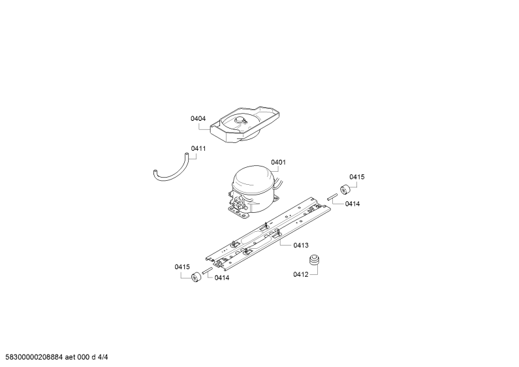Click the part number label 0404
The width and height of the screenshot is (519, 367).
198,119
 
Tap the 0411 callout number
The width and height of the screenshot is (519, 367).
198,149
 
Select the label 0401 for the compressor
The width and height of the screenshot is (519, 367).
278,163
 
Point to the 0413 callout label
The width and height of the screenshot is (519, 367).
301,246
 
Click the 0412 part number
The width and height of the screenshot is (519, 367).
300,274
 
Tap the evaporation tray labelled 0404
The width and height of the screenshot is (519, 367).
245,125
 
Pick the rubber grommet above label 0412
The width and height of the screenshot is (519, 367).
314,259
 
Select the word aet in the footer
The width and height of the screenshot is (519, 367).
70,357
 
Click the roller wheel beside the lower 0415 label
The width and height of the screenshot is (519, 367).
197,277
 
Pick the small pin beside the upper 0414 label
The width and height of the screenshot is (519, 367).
332,197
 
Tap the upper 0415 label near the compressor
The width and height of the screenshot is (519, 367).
357,177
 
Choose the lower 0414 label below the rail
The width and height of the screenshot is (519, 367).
222,278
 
